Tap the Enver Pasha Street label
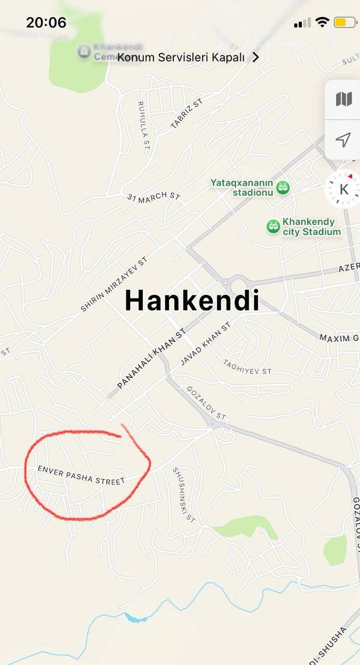click(x=81, y=475)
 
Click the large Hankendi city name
click(x=192, y=301)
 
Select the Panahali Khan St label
click(x=151, y=360)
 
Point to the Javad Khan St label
click(x=205, y=345)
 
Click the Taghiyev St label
click(x=247, y=366)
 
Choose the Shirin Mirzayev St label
click(x=115, y=284)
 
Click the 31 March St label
click(x=154, y=196)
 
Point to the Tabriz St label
click(x=187, y=114)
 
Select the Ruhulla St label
click(x=143, y=125)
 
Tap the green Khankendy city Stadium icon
click(x=274, y=226)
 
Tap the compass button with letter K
click(x=343, y=189)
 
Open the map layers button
click(x=343, y=100)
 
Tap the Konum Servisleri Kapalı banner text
click(x=181, y=58)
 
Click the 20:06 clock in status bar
click(x=46, y=23)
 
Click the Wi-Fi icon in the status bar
click(x=322, y=23)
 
